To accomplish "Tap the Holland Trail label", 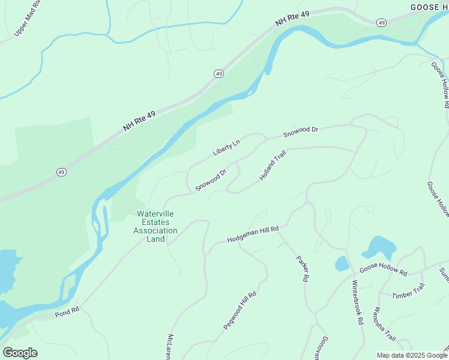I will (273, 166).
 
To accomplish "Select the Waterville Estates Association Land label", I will (157, 226).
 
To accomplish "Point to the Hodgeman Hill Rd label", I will (253, 235).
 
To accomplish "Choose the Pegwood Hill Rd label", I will (240, 310).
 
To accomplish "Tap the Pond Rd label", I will (67, 312).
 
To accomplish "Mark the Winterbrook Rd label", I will (358, 302).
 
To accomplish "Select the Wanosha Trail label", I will (382, 323).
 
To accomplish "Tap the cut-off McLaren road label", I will (170, 347).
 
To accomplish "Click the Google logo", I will (20, 353).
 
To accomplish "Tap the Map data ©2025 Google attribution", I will (412, 355).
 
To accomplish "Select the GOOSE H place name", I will (429, 7).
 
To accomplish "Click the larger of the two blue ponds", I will (379, 247).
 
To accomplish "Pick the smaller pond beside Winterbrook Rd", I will (342, 263).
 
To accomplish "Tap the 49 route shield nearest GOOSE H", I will (382, 22).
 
